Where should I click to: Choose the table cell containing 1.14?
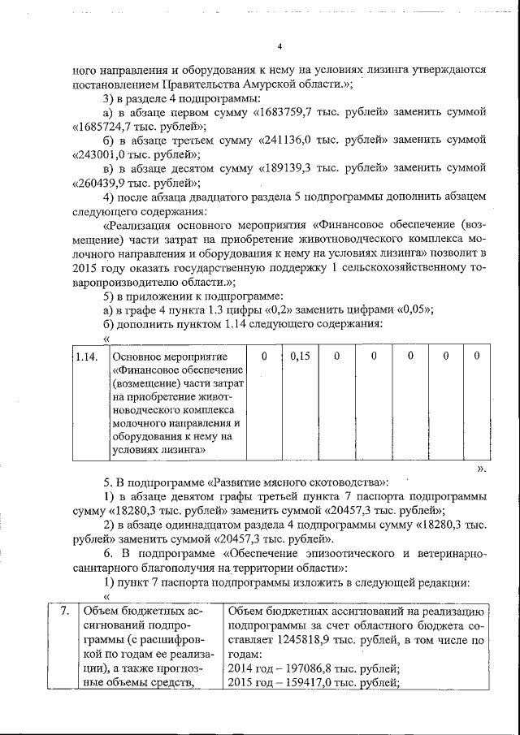pos(86,356)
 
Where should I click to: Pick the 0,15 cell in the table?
pos(300,356)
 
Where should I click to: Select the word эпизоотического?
pos(349,553)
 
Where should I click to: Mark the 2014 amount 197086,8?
pos(302,668)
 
